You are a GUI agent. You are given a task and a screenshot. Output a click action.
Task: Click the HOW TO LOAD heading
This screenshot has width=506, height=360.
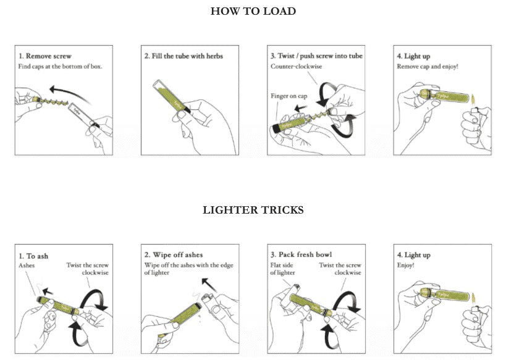pos(253,11)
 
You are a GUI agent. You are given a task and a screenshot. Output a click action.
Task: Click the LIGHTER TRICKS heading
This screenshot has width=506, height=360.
pos(253,211)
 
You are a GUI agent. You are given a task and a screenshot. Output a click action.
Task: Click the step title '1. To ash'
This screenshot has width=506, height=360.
pos(33,255)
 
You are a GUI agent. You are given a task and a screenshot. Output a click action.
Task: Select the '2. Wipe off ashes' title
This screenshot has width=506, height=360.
pos(174,255)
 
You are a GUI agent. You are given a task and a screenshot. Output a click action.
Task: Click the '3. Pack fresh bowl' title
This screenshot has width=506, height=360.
pos(300,255)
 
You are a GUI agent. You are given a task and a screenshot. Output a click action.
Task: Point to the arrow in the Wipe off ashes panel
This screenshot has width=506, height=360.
pos(213,286)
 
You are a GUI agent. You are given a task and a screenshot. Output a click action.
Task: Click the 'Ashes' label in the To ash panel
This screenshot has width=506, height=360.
pos(27,265)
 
